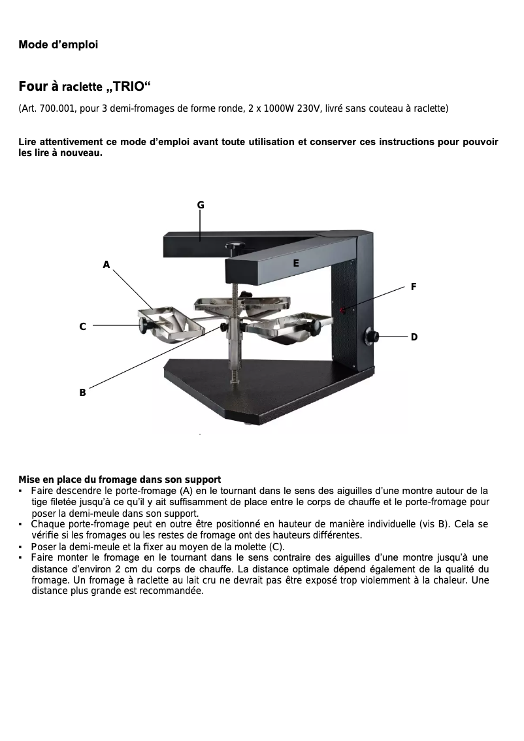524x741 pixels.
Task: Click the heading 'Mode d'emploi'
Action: point(58,45)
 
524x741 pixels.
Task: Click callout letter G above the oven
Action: point(201,205)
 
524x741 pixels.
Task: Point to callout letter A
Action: point(106,265)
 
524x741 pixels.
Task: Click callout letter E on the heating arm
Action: point(296,263)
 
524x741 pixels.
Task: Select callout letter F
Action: point(413,287)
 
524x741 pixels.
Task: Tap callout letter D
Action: point(414,337)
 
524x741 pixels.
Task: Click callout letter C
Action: point(82,326)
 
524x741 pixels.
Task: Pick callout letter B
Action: point(82,393)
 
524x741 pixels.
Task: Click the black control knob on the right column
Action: point(372,337)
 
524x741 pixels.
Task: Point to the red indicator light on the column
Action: point(342,309)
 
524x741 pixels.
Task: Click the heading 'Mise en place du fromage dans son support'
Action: point(120,480)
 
